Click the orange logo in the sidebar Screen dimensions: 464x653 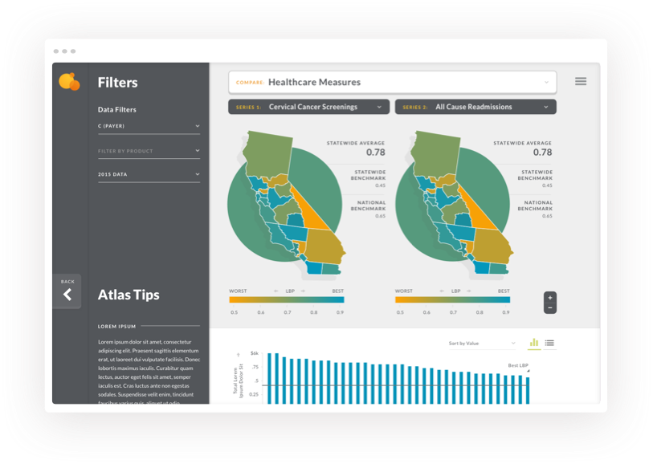[69, 81]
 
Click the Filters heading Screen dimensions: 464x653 [117, 83]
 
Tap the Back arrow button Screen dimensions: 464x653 [67, 294]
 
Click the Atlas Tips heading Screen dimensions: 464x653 [129, 295]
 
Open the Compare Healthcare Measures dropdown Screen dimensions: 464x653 [392, 82]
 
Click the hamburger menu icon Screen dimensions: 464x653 [581, 81]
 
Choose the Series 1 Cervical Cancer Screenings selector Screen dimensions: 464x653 [308, 107]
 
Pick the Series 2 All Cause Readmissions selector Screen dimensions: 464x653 [475, 107]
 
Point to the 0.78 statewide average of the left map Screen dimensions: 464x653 [375, 152]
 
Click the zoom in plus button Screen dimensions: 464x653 [550, 298]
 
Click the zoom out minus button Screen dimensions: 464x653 [550, 307]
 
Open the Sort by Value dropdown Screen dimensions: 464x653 [482, 344]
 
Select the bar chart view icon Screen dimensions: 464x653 [534, 343]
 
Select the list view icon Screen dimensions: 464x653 [549, 343]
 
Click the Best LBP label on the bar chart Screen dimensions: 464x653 [518, 366]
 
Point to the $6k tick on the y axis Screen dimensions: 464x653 [254, 353]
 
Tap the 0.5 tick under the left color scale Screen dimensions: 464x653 [234, 312]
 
